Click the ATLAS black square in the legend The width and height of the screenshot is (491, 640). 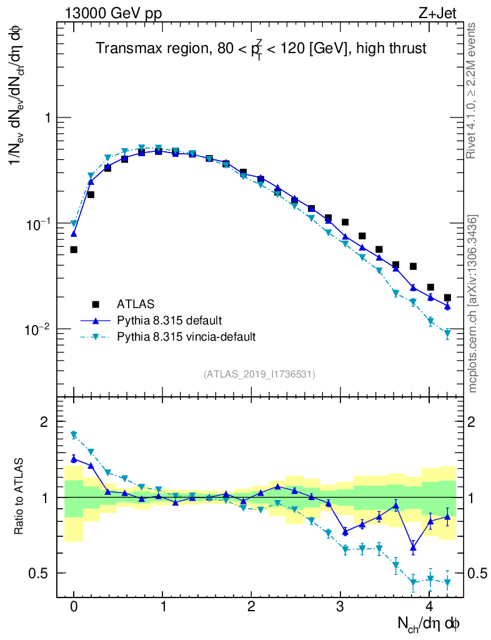(96, 304)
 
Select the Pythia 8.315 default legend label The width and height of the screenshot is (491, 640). (169, 321)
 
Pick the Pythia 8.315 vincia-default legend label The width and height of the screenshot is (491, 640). (186, 337)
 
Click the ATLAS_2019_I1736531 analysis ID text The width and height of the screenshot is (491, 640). (259, 374)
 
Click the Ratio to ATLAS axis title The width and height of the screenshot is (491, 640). (19, 497)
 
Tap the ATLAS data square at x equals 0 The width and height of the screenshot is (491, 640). (74, 249)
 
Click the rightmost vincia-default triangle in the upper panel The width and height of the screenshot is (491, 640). (447, 334)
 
